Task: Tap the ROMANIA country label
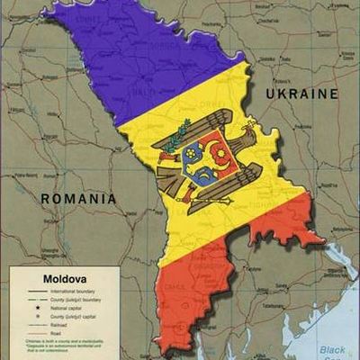(x=78, y=197)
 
